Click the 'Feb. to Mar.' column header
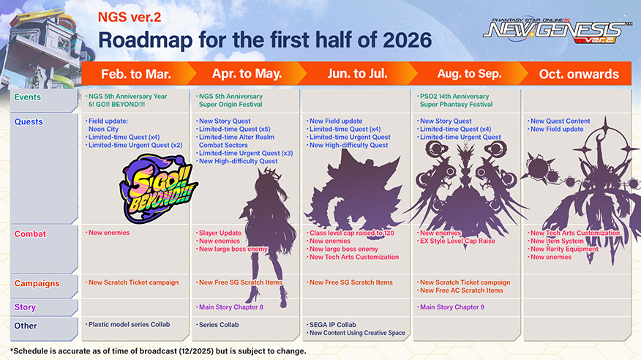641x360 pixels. pos(135,74)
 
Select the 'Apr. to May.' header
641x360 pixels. pos(247,74)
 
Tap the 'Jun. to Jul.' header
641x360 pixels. pos(357,74)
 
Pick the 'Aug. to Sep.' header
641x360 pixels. pos(469,74)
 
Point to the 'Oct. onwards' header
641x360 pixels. pos(579,74)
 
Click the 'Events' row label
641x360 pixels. pos(27,97)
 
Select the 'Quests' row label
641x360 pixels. pos(29,121)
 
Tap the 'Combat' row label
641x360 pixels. pos(30,234)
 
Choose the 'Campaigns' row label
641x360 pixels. pos(37,284)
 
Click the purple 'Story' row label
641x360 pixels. pos(25,307)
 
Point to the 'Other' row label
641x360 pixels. pos(26,326)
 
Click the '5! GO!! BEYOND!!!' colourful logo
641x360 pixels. pos(158,188)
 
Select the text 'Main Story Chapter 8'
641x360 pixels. pos(231,307)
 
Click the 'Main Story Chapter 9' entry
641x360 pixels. pos(451,307)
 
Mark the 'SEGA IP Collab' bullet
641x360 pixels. pos(333,325)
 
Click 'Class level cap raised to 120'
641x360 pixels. pos(352,233)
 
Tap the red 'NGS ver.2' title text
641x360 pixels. pos(130,17)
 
